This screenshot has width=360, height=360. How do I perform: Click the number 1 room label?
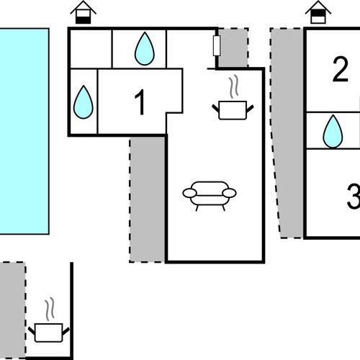coord(140,102)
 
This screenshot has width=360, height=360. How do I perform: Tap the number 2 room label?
coord(341,69)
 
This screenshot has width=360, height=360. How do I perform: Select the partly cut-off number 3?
coord(354,197)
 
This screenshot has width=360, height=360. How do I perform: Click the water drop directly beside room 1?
coord(83,102)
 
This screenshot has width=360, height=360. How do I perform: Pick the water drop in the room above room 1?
coord(145,48)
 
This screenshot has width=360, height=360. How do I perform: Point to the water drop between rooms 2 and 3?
coord(333,131)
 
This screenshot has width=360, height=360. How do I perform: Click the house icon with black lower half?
coord(83,12)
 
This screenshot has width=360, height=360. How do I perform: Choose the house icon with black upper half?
coord(318,12)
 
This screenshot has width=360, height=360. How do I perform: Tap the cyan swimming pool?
coord(24,131)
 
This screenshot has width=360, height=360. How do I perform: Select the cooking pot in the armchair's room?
coord(233,110)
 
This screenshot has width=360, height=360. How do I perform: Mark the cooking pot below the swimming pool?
coord(49,333)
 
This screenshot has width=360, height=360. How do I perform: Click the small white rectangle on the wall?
coord(217,45)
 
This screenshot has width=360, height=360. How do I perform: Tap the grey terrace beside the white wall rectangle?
coord(233,48)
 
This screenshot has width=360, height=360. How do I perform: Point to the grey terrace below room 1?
coord(147,199)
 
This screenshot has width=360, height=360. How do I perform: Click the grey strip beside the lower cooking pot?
coord(12,310)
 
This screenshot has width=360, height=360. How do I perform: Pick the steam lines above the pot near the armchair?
coord(234,86)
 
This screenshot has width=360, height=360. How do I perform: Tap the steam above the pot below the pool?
coord(50,309)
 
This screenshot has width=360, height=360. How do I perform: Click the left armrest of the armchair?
coord(190,193)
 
